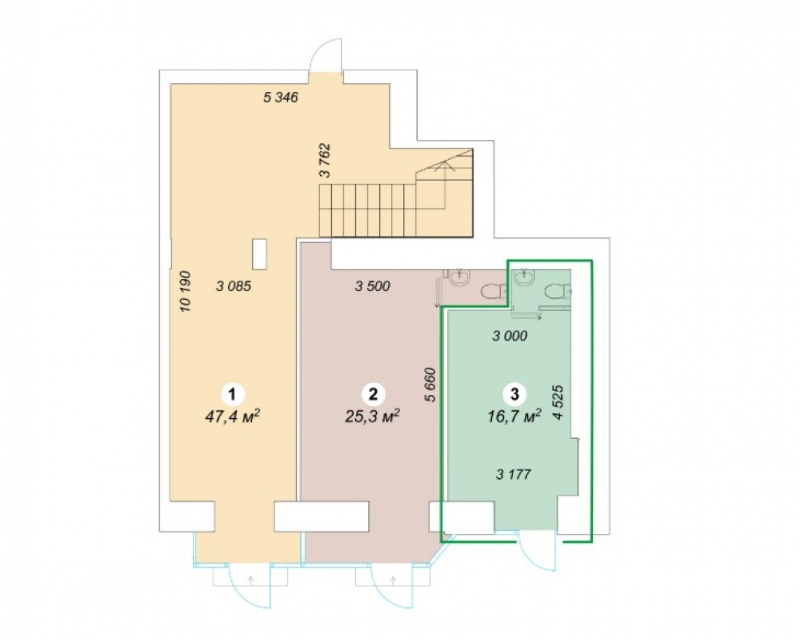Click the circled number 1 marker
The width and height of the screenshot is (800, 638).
pos(233,394)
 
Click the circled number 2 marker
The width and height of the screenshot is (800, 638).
pos(373,394)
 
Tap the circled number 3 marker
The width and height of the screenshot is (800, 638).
pos(514,394)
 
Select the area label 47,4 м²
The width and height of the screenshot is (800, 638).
pos(233,417)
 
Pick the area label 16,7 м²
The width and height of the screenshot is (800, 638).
pos(514,417)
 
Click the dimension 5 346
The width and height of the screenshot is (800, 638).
pos(281,97)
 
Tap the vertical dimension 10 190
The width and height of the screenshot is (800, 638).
pos(186,291)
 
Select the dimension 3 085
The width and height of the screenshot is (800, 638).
pos(234,286)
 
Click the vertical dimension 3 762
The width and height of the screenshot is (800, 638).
pos(325,161)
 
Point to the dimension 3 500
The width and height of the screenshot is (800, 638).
pos(373,286)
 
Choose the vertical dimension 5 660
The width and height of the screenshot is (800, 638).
pos(431,385)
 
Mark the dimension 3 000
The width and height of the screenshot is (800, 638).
pos(510,336)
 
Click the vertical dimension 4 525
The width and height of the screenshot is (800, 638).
pos(558,402)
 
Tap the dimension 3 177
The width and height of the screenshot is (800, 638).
pos(514,475)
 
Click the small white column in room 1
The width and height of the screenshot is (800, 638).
pos(259,254)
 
